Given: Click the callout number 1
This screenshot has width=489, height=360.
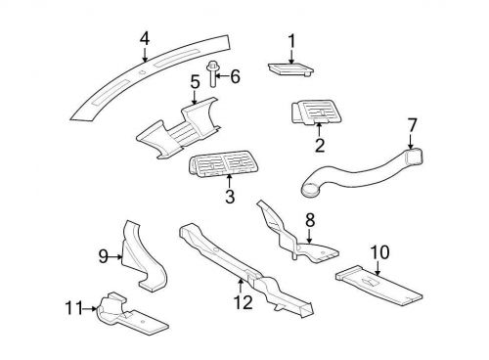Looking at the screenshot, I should point(290,40).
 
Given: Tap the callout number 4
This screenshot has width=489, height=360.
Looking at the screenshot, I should point(144,38).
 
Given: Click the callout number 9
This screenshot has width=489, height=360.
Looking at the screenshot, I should point(102,256).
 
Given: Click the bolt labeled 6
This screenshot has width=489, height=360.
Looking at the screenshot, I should point(214,72).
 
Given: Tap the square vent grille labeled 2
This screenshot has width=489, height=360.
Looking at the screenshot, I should point(316,114).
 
